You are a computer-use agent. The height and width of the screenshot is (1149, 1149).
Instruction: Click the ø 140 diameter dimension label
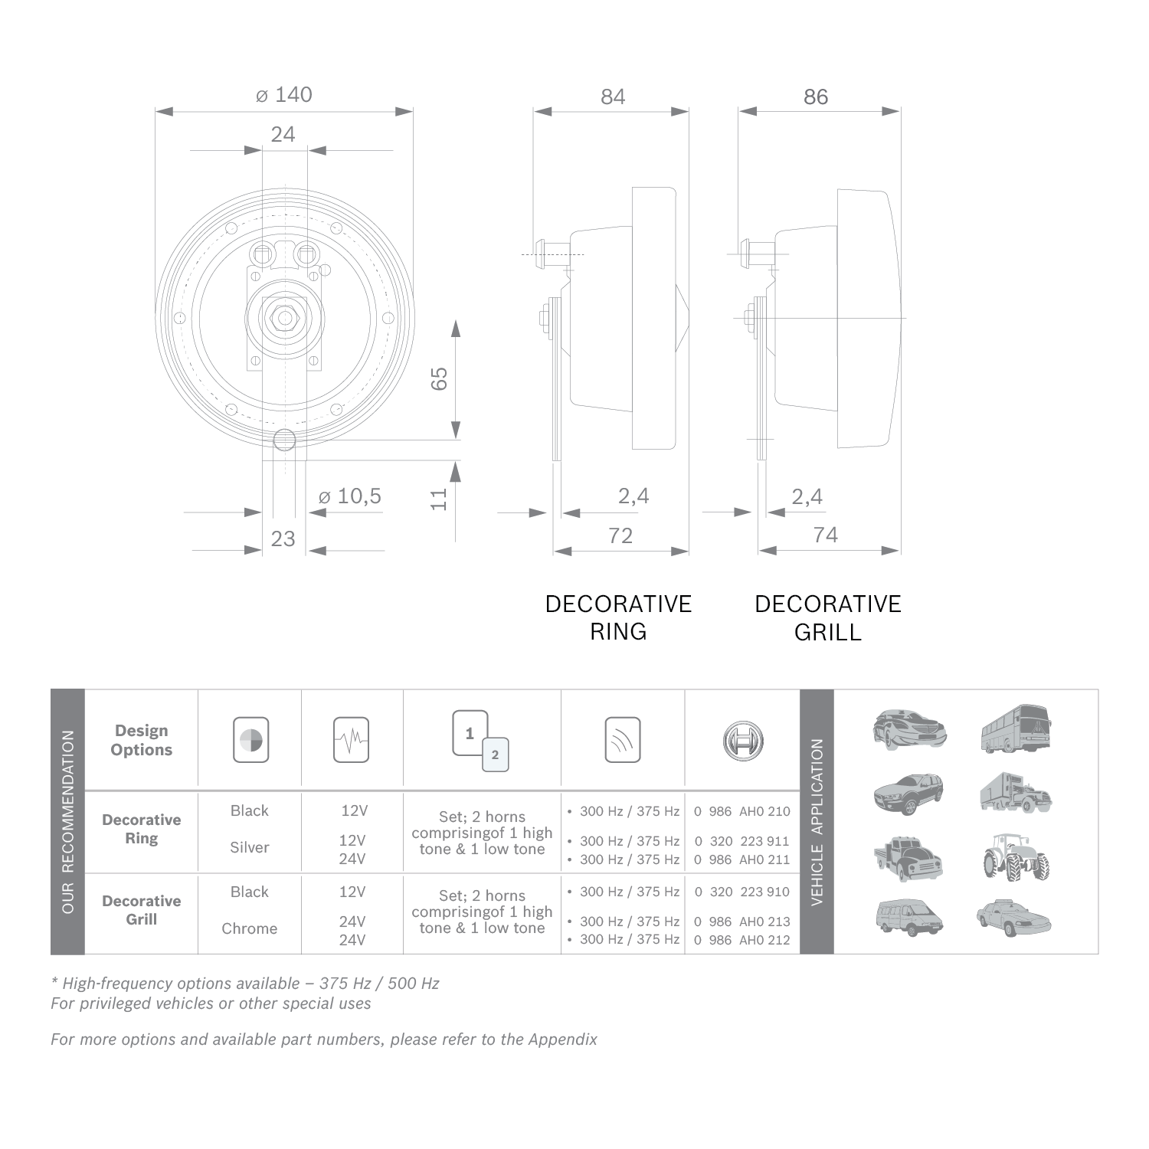point(284,95)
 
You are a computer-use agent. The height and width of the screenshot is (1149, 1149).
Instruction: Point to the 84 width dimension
point(613,97)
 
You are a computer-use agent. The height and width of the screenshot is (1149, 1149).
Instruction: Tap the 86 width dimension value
point(816,97)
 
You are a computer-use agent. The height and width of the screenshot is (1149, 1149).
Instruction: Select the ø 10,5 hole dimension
point(350,496)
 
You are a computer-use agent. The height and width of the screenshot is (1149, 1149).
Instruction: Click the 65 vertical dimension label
point(439,378)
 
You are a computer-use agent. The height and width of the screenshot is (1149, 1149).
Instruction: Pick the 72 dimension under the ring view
point(620,536)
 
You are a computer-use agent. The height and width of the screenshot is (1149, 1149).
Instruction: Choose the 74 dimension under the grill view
point(825,535)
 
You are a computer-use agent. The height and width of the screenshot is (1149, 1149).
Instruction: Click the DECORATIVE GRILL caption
point(828,618)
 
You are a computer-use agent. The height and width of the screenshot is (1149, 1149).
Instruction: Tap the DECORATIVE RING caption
point(618,618)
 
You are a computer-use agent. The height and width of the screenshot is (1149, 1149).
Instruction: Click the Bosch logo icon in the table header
point(743,740)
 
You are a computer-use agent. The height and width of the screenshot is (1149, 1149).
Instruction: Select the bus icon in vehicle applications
point(1016,729)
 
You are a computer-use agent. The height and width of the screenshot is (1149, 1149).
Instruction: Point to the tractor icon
point(1016,858)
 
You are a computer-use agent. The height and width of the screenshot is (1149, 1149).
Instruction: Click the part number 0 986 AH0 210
point(741,811)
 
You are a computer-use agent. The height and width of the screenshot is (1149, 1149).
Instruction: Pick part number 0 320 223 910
point(741,892)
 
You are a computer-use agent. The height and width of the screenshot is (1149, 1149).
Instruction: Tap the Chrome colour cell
point(250,928)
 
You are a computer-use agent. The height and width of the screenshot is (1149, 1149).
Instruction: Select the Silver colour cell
point(250,847)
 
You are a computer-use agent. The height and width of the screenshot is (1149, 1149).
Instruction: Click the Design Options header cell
point(142,740)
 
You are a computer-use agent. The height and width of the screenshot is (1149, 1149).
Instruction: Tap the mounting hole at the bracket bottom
point(284,440)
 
